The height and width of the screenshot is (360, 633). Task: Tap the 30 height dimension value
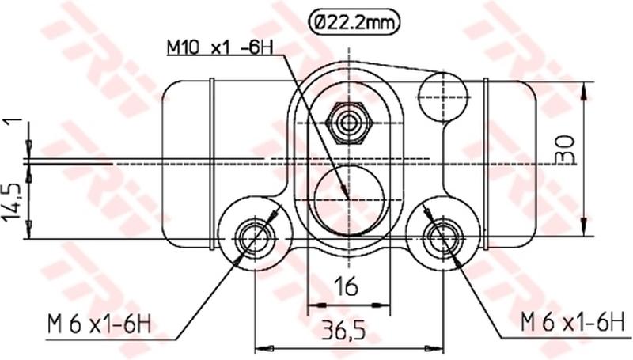pyautogui.click(x=564, y=149)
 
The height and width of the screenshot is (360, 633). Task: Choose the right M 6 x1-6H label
pyautogui.click(x=573, y=322)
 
